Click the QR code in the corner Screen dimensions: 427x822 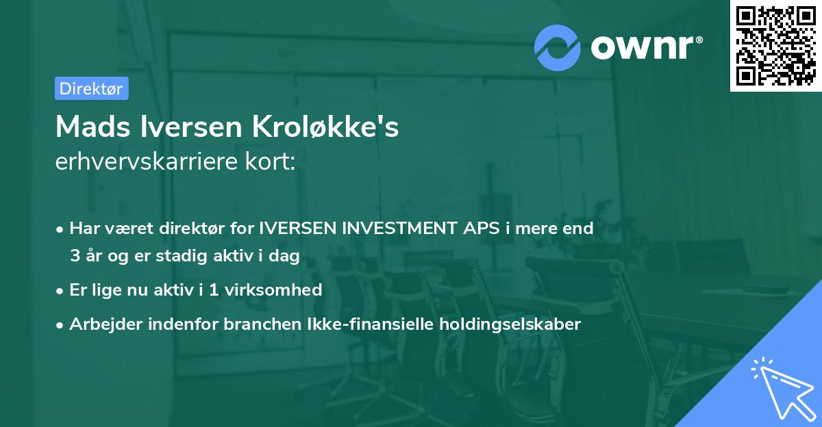tap(775, 45)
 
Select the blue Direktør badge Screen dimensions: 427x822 tap(91, 88)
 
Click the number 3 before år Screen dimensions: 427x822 tap(75, 256)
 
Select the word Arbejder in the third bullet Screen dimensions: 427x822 tap(101, 324)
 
